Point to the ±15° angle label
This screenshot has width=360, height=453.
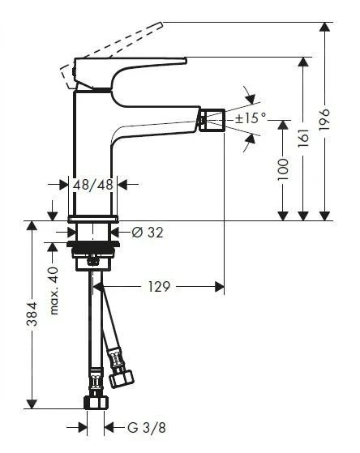251,119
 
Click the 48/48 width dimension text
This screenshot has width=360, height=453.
93,185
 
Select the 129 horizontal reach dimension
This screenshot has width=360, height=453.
159,286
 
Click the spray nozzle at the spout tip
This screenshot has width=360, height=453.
212,122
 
